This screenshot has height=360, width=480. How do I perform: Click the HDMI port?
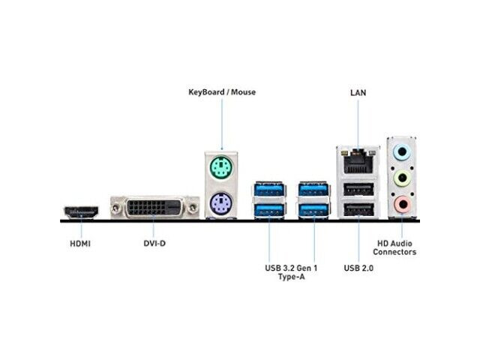coord(81,213)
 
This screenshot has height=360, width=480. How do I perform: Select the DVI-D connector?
coord(154,208)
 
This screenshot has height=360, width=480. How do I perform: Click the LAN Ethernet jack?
coord(358,161)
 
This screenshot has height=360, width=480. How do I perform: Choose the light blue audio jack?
coord(402,152)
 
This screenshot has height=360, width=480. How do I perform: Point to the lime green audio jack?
coord(402,178)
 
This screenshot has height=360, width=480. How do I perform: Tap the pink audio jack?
coord(402,204)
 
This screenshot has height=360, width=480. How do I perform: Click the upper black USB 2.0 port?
coord(358,189)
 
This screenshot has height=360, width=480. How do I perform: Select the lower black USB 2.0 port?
coord(358,210)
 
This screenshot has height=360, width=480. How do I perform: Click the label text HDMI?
coord(80,244)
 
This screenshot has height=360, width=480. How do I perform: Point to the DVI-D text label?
coord(154,243)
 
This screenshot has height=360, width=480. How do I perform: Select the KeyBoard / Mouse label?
coord(222,92)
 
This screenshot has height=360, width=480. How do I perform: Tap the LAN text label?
coord(358,92)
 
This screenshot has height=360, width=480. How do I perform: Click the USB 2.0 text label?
coord(358,268)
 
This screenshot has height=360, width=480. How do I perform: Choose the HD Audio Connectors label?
coord(394,247)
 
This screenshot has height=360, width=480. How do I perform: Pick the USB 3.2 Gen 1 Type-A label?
coord(291,272)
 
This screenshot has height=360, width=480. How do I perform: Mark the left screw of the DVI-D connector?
coord(115,208)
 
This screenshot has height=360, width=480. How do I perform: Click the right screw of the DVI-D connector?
coord(193,208)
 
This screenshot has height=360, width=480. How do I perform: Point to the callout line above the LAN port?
coord(358,124)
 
